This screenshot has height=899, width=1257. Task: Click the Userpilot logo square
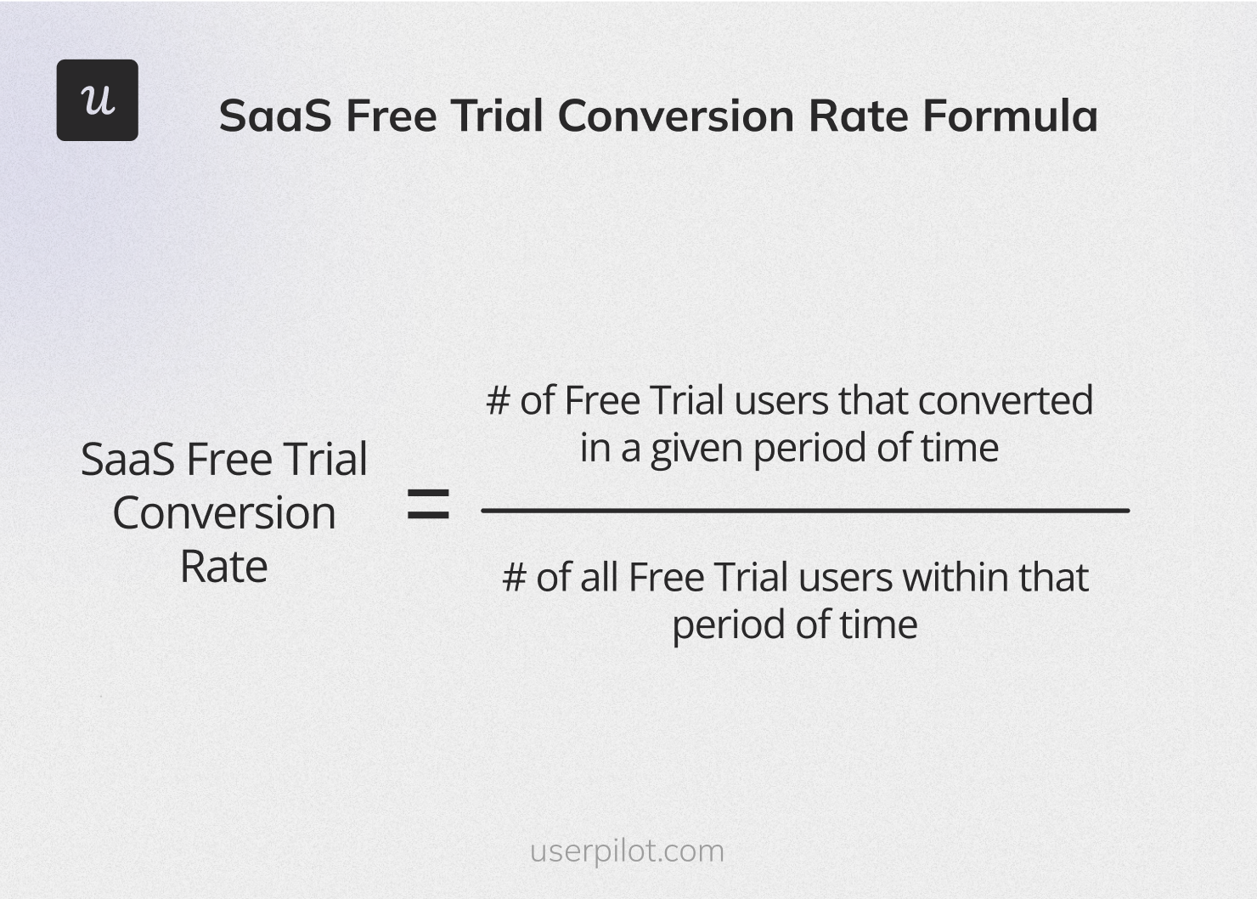point(98,100)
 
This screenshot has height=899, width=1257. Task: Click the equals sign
point(428,505)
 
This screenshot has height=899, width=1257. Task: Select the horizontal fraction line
point(804,511)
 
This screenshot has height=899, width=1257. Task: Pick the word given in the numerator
point(696,449)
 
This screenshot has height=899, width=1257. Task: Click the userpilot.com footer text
point(627,851)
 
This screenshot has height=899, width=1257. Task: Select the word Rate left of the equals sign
point(223,567)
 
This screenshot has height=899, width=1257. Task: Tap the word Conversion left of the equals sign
point(223,513)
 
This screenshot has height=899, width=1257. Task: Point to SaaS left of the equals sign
point(128,460)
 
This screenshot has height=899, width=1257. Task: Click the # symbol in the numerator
point(498,401)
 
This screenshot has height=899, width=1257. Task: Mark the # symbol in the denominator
point(514,578)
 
